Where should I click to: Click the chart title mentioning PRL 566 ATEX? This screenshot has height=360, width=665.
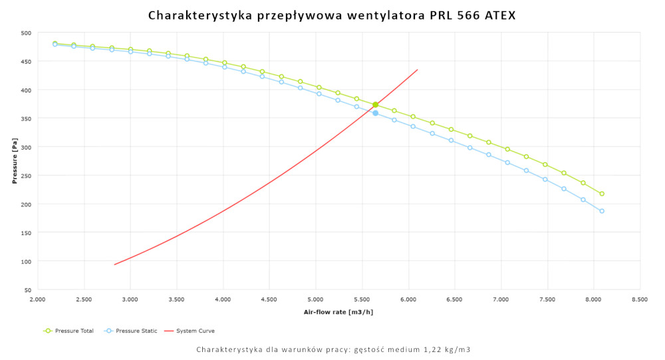332,15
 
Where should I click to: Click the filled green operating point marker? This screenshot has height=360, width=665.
376,104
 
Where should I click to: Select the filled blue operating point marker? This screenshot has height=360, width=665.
376,113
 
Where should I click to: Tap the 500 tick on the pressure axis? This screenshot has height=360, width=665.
25,33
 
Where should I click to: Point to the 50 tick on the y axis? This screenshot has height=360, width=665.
27,290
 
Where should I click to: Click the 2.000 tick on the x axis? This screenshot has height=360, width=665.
37,300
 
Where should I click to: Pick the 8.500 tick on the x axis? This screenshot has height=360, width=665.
640,300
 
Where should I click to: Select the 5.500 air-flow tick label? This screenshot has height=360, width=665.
362,300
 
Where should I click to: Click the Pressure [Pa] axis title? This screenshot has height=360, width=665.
14,161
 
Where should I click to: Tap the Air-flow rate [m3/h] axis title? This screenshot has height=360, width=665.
338,312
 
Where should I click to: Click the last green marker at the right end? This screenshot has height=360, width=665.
602,194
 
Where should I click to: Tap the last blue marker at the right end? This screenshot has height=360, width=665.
602,211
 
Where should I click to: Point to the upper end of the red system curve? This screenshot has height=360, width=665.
417,70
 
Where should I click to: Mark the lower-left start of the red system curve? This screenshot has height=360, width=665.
115,264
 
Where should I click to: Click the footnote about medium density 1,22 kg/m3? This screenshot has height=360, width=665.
333,349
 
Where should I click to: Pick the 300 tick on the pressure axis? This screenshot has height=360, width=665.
25,147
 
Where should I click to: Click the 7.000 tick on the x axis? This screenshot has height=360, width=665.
501,300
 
